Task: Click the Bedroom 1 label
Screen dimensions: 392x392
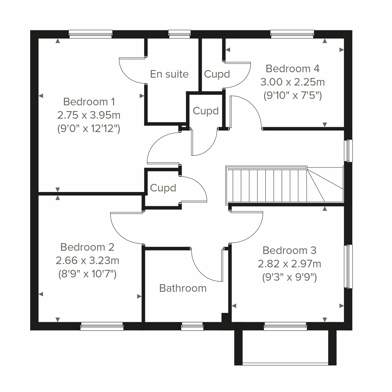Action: (x=89, y=102)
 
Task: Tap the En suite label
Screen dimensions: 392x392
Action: (x=169, y=74)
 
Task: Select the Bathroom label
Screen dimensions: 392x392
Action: (x=183, y=288)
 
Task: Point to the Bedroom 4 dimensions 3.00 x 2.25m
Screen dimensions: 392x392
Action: (x=292, y=82)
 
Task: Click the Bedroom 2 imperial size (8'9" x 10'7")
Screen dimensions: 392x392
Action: (x=87, y=274)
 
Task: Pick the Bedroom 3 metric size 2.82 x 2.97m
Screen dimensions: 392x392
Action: (x=289, y=264)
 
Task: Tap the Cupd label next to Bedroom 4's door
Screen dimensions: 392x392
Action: (x=217, y=74)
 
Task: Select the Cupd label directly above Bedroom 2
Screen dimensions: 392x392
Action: (x=163, y=188)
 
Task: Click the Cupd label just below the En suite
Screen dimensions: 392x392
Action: (x=205, y=111)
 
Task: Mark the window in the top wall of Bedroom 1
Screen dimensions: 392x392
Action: (x=90, y=34)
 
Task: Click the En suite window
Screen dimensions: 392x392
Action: (x=179, y=34)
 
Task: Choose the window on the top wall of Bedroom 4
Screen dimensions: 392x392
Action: (x=292, y=34)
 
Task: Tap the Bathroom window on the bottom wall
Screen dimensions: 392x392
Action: (x=192, y=326)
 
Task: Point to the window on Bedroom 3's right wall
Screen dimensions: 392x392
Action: (x=349, y=266)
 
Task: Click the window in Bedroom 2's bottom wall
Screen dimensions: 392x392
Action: (x=102, y=326)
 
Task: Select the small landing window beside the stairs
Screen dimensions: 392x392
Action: (x=349, y=151)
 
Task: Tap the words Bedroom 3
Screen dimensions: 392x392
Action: (x=289, y=250)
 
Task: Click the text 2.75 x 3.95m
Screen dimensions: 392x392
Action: (x=89, y=115)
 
